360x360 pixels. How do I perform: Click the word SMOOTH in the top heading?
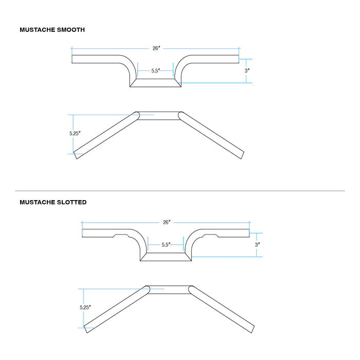71,30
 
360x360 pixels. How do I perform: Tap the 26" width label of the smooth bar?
156,48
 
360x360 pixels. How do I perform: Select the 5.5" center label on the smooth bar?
155,70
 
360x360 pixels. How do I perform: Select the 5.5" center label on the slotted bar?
166,244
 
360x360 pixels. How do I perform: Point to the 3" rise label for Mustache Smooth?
247,70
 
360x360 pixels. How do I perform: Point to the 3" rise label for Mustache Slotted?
257,244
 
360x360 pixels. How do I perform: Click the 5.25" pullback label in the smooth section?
75,133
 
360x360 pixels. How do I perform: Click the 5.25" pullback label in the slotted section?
85,307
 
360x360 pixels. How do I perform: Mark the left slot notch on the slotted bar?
122,236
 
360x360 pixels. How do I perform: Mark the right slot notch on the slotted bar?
210,236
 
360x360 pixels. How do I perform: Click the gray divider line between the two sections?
180,191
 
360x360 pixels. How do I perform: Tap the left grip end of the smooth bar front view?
72,59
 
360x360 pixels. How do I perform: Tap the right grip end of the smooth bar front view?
239,59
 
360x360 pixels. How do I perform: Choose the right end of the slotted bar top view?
253,330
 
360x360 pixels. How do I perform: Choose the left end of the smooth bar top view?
75,155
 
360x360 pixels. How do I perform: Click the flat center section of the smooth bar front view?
155,83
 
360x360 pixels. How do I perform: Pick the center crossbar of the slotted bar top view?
169,290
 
